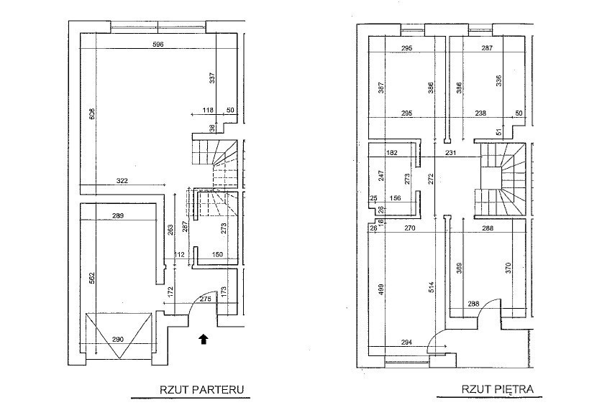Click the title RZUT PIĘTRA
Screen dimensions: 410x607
point(498,390)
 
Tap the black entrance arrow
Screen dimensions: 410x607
point(204,339)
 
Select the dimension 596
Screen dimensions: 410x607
point(159,45)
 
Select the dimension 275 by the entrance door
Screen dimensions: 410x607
point(206,299)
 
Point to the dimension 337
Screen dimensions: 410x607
point(212,78)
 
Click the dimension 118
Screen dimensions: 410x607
point(209,110)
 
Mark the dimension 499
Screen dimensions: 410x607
point(381,289)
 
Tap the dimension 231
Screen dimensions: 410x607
point(451,153)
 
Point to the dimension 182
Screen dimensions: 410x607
point(392,153)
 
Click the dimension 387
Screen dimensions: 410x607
point(381,88)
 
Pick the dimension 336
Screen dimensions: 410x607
point(498,81)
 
